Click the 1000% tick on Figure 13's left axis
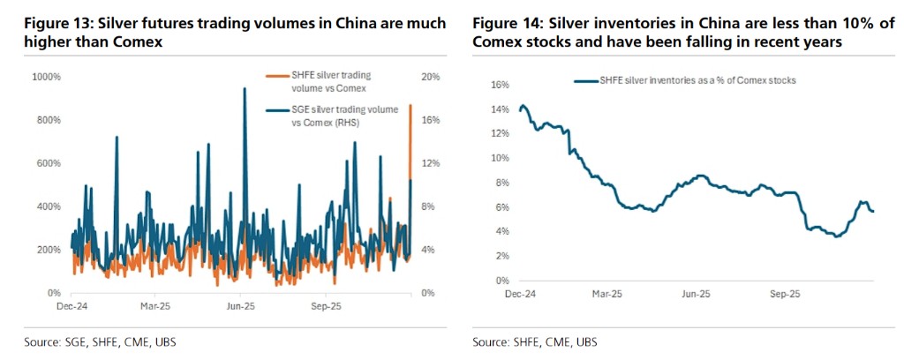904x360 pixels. point(46,78)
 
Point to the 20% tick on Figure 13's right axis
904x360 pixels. point(430,78)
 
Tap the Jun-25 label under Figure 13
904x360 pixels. point(240,307)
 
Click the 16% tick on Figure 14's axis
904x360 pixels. point(500,85)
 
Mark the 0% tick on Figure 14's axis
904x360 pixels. point(502,280)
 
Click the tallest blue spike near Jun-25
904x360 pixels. point(244,89)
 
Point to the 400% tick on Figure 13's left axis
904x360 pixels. point(48,206)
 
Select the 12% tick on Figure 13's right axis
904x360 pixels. point(430,164)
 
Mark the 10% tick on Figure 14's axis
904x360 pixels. point(500,158)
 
